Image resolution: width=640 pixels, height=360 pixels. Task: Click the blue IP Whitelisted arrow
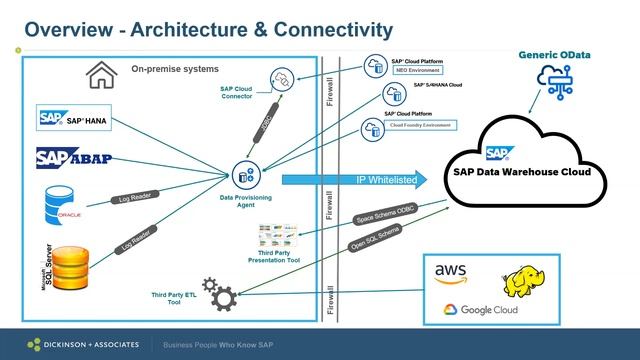click(350, 180)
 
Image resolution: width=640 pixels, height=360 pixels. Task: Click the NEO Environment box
click(426, 72)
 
